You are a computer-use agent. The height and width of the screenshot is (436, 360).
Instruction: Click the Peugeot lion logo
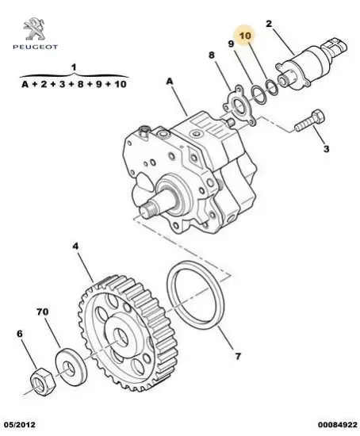coord(34,29)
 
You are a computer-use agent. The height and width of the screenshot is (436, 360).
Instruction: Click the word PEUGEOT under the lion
coord(36,47)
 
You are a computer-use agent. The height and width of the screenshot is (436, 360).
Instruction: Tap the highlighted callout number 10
coord(245,36)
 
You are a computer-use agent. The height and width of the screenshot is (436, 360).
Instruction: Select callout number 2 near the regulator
coord(269,24)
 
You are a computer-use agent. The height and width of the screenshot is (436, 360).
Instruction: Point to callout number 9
coord(231,44)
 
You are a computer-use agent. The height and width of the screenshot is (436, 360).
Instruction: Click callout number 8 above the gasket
coord(212,55)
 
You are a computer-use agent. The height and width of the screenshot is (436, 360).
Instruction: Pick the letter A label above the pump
coord(170,82)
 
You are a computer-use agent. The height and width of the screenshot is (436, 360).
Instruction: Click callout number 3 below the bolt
coord(326,149)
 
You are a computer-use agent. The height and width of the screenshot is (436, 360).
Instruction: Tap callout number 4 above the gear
coord(75,246)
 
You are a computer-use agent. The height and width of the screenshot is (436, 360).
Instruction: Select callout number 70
coord(43,312)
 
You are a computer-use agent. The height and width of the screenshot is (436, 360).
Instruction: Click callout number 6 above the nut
coord(20,334)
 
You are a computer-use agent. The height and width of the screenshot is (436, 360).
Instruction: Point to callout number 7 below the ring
coord(237,356)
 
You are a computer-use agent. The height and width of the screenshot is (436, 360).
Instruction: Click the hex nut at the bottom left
coord(42,381)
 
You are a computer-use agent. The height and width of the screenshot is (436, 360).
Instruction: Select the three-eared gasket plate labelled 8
coord(238,105)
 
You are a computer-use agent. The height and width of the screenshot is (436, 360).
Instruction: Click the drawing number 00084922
coord(338,425)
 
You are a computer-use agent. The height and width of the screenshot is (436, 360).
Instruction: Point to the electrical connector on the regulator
coord(335,47)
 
